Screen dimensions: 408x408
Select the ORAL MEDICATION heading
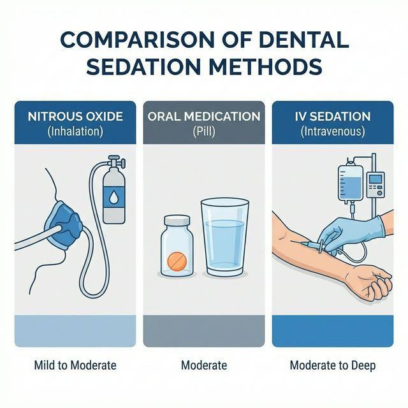click(204, 117)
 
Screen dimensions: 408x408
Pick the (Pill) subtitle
click(204, 132)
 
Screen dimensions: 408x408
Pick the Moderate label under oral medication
click(204, 365)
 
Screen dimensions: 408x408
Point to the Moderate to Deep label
click(332, 365)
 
